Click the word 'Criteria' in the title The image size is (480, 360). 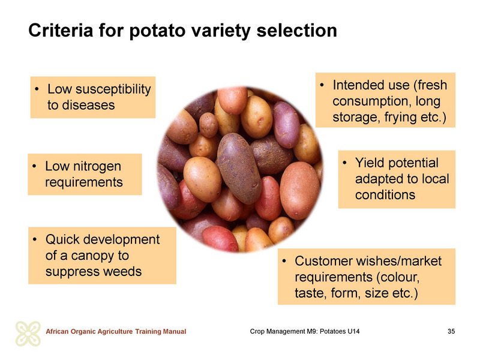(61, 31)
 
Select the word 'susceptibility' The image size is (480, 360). (113, 89)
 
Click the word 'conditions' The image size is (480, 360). (385, 195)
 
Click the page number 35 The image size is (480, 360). (451, 331)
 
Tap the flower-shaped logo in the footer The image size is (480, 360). (28, 334)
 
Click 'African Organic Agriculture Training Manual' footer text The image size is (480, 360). (116, 332)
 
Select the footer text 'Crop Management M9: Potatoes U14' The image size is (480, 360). (305, 331)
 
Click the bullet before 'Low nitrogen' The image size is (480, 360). (34, 167)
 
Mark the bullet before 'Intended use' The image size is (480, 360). (322, 85)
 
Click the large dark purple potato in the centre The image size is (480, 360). (239, 168)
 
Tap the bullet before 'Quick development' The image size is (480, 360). (35, 240)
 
